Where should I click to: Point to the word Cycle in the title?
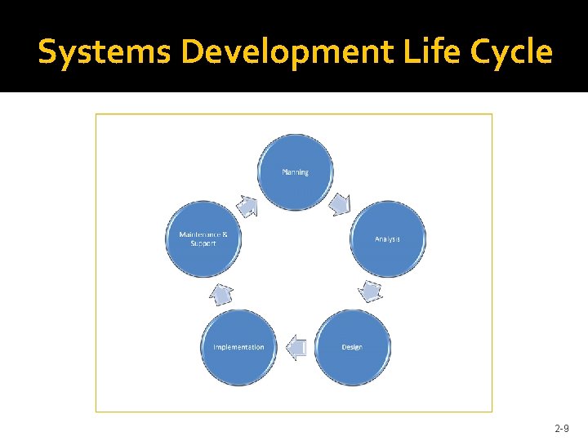point(509,52)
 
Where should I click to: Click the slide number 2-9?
point(562,428)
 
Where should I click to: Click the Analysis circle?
point(387,238)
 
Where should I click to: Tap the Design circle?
point(352,347)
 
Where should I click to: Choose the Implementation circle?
point(238,347)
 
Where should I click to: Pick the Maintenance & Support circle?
point(203,238)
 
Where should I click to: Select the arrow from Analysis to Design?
point(371,291)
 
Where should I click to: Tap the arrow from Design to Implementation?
point(295,348)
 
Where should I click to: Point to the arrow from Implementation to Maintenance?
point(220,292)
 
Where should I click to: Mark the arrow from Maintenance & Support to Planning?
point(247,204)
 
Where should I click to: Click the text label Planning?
point(296,172)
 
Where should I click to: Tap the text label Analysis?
point(387,239)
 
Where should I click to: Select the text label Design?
point(352,347)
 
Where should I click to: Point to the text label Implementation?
point(238,347)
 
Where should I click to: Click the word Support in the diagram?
point(203,243)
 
